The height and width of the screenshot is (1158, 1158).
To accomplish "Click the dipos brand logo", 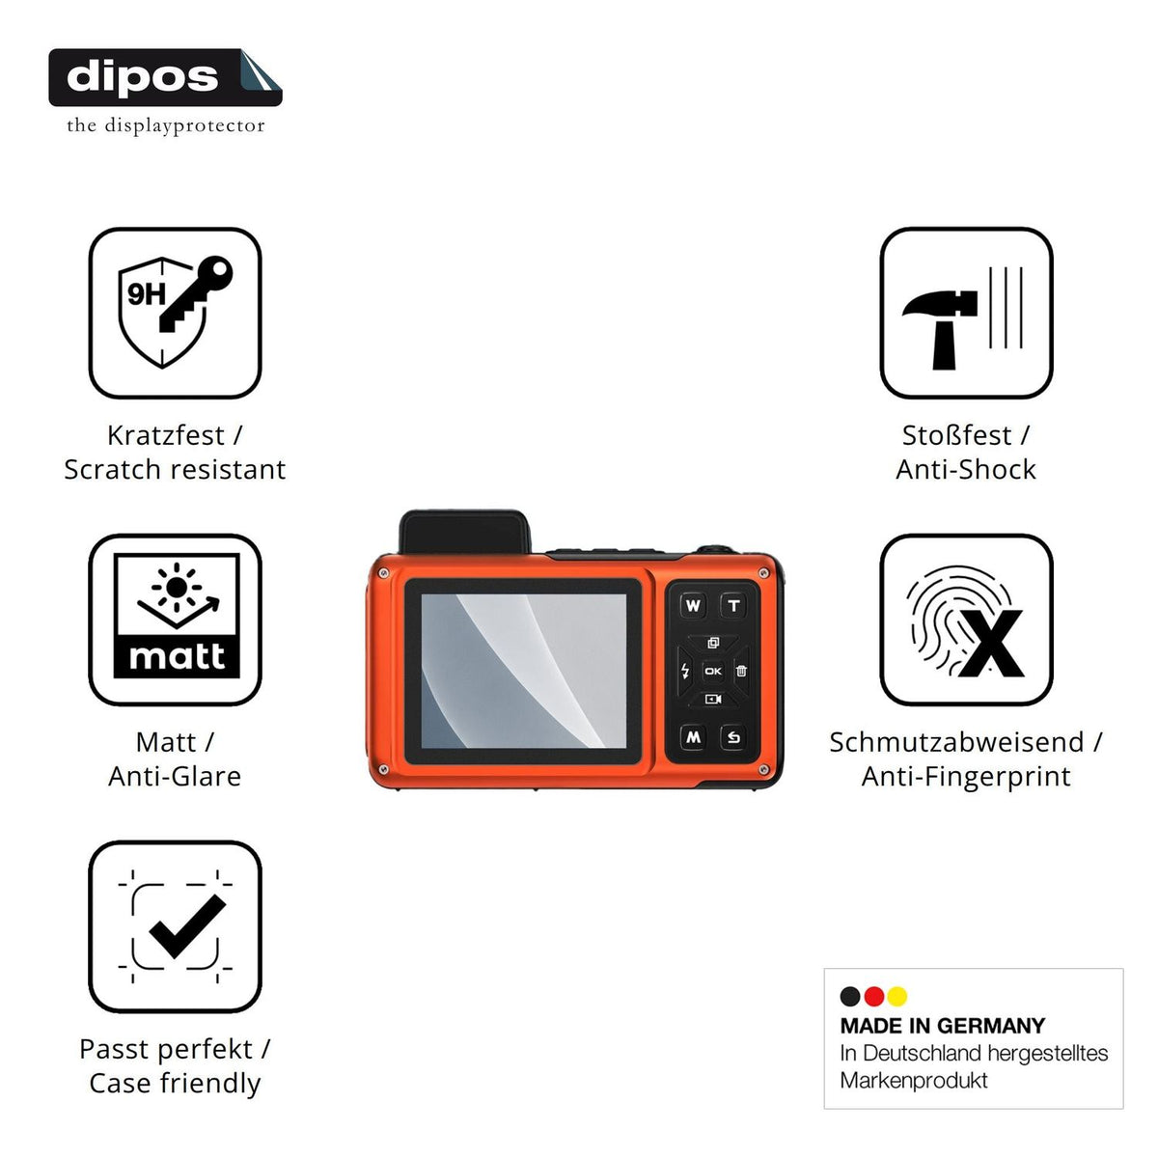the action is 165,77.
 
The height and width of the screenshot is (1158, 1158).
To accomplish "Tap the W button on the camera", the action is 693,606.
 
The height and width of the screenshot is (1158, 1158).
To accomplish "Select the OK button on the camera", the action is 713,672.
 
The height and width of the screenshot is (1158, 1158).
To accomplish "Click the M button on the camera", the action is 693,737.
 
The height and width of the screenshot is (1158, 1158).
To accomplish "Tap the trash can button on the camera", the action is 741,671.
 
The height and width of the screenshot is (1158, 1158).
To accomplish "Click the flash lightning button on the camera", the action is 685,671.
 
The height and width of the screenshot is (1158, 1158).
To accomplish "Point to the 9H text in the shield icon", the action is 146,294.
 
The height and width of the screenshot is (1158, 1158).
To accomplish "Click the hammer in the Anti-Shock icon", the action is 941,329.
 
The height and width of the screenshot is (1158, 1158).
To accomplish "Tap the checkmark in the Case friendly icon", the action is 187,925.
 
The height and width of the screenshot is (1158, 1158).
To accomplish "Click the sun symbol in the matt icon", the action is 177,587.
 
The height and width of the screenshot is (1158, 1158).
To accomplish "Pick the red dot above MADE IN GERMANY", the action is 873,997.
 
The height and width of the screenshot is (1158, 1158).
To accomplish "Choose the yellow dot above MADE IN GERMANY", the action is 897,997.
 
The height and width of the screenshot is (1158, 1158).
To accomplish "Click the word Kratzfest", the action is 166,435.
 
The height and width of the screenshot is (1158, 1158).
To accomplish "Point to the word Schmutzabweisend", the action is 956,742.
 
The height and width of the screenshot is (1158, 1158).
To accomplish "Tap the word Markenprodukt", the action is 914,1081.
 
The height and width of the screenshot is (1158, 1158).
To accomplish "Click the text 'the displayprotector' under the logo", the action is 166,125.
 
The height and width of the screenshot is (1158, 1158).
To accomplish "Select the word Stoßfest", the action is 956,435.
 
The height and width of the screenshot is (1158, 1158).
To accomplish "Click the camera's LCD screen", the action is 523,671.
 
